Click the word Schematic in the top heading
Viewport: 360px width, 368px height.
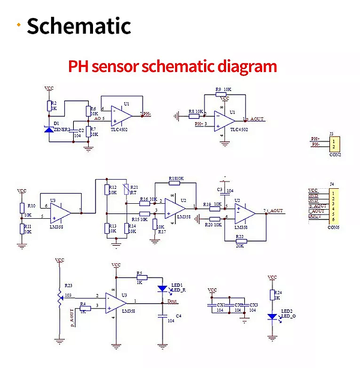[x=79, y=26]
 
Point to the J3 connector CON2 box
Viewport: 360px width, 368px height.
[x=334, y=144]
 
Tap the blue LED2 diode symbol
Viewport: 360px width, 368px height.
[x=272, y=316]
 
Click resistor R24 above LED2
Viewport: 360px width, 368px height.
[x=272, y=295]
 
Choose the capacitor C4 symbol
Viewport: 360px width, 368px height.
[x=163, y=315]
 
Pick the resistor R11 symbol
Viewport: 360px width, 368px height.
[x=22, y=228]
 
